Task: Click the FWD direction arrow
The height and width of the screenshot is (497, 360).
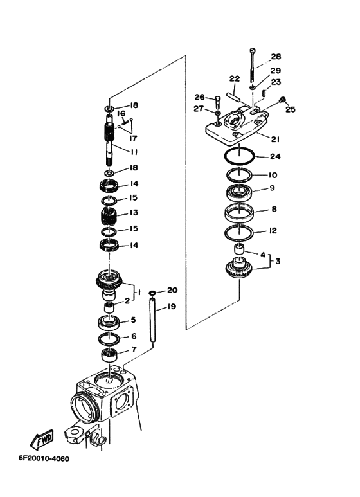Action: tap(42, 439)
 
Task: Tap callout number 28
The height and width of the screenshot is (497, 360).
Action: tap(276, 57)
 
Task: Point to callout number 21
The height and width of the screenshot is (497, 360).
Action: tap(275, 139)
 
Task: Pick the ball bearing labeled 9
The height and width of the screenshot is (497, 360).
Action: tap(239, 193)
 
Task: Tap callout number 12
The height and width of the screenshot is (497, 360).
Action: tap(273, 230)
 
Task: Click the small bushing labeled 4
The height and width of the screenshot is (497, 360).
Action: tap(239, 249)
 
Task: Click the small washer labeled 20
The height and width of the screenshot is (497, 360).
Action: tap(152, 293)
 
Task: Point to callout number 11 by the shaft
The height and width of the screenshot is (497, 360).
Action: tap(134, 152)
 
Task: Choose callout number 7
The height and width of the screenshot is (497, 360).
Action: tap(134, 349)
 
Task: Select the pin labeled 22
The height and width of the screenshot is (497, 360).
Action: tap(233, 96)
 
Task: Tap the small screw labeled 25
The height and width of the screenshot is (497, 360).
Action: tap(282, 100)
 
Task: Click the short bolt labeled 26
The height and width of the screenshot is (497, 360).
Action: tap(217, 102)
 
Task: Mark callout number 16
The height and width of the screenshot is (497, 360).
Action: tap(122, 113)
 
